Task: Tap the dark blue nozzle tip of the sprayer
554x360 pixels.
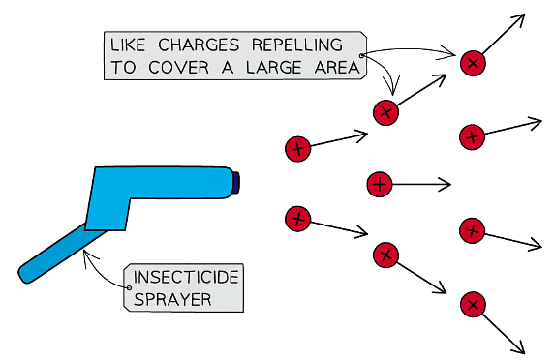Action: point(235,182)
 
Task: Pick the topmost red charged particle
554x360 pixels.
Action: point(473,63)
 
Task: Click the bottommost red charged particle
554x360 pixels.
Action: point(473,306)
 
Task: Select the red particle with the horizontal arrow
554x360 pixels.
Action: point(381,183)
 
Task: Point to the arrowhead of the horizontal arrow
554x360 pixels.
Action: point(448,183)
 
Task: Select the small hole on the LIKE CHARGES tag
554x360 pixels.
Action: point(361,67)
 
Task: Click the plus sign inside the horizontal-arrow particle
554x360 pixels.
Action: point(381,183)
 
